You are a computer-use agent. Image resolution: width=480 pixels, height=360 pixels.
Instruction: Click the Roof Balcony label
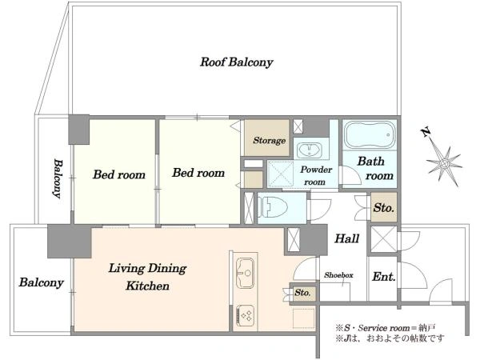pos(237,62)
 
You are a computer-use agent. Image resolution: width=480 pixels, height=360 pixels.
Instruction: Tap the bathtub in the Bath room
pos(370,134)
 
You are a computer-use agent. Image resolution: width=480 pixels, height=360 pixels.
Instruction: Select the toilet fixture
pos(273,208)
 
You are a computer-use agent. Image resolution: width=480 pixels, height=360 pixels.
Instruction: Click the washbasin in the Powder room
pos(310,150)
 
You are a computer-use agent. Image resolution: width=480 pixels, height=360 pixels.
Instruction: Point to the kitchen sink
pos(245,274)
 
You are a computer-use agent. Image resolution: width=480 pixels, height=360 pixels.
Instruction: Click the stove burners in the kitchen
pos(246,315)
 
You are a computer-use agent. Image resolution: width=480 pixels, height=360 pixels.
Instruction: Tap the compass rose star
pos(445,164)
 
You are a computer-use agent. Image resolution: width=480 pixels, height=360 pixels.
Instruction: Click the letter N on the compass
pos(426,133)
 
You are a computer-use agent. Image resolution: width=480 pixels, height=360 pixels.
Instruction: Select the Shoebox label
pos(338,275)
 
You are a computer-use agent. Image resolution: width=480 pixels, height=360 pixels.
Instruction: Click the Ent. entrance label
pos(383,277)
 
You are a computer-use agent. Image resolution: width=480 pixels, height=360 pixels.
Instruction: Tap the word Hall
pos(346,238)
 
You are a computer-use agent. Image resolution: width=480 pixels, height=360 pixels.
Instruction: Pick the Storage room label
pos(269,141)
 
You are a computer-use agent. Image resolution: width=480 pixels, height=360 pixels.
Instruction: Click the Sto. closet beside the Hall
pos(383,208)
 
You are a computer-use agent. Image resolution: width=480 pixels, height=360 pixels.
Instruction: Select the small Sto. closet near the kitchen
pos(302,293)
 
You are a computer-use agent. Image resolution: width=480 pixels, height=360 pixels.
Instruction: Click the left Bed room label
pos(119,174)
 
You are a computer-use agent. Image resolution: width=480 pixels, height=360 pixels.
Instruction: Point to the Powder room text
pos(316,176)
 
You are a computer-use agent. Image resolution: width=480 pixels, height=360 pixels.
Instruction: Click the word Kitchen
pos(147,286)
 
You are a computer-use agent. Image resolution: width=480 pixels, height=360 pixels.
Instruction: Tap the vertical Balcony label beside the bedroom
pos(58,178)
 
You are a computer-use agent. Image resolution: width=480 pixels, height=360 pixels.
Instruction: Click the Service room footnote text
pos(385,328)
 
